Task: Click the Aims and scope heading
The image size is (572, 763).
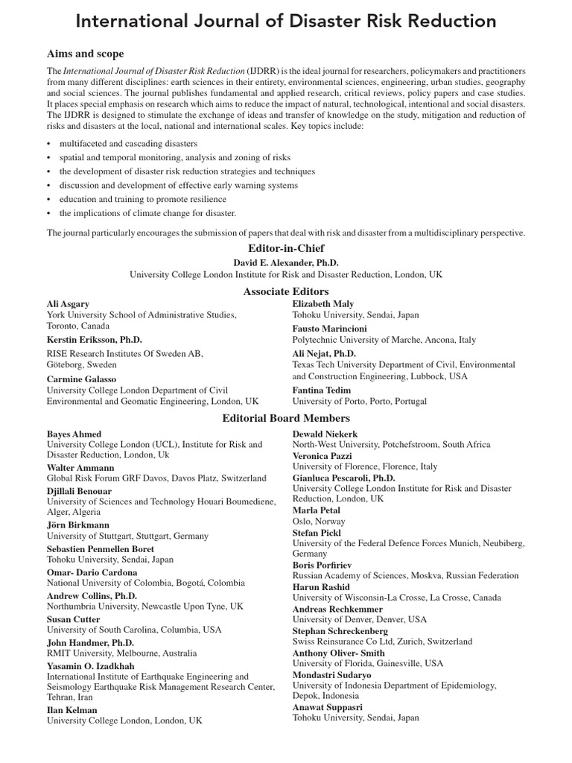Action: click(86, 54)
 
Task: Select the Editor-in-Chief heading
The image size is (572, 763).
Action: click(286, 248)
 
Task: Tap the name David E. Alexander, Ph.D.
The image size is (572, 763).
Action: click(286, 262)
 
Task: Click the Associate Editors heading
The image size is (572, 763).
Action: click(286, 291)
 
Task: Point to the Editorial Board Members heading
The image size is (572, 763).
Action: click(286, 418)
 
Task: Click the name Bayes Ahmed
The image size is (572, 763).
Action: click(74, 434)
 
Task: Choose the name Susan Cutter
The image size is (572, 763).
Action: click(74, 618)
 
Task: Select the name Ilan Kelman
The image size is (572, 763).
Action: click(72, 710)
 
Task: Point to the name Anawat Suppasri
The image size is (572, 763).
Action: click(328, 706)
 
